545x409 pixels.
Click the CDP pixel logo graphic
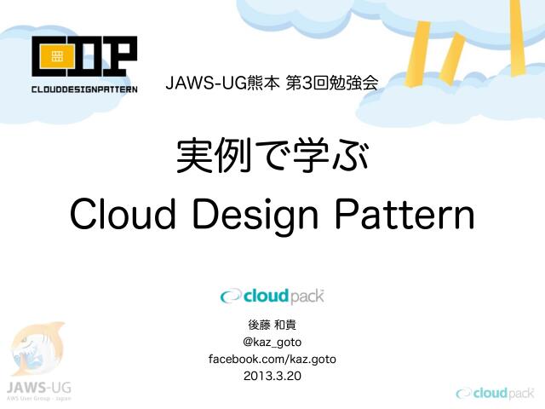click(83, 58)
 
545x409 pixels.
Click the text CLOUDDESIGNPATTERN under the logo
click(83, 88)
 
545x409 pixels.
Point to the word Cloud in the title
click(123, 214)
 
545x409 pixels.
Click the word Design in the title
click(260, 216)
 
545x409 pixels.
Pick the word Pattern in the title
click(410, 214)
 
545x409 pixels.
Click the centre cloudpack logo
click(272, 296)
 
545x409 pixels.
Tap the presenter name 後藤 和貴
click(272, 325)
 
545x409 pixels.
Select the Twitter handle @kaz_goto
click(272, 343)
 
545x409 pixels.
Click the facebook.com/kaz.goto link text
click(272, 359)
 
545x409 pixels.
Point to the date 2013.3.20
click(272, 376)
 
